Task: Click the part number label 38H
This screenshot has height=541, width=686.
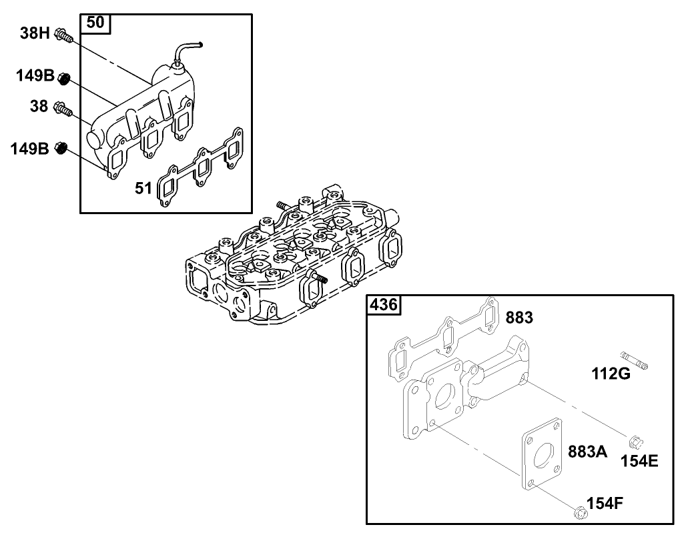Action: coord(35,33)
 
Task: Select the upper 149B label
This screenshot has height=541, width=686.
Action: coord(35,76)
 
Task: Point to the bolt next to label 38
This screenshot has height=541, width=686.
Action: coord(63,108)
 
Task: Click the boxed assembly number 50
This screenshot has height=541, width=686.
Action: coord(95,23)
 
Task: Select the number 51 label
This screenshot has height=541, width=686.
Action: coord(143,189)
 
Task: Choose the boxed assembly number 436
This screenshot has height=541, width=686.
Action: coord(384,306)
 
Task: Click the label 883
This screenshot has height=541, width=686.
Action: coord(519,318)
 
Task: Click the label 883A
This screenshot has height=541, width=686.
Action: coord(587,452)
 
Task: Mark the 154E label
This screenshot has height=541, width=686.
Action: coord(639,461)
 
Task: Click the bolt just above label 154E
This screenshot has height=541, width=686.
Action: coord(635,441)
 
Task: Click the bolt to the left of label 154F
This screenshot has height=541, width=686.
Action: coord(579,512)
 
